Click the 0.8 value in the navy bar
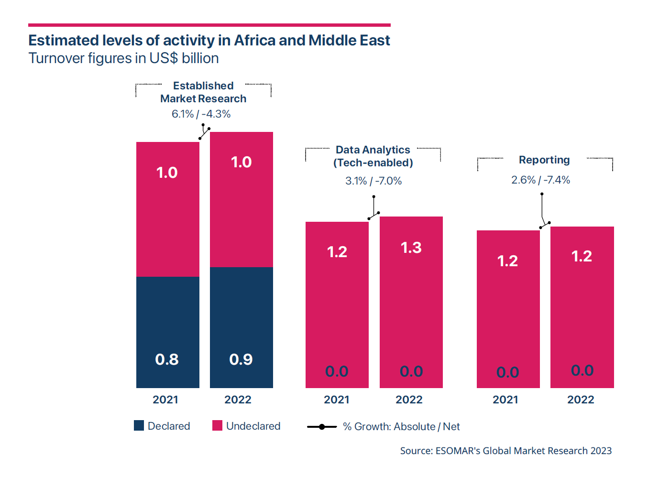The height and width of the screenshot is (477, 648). pos(167,359)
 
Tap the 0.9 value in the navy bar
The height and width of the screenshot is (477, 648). pos(241,359)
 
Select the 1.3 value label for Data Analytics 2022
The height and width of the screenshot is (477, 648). pos(411,248)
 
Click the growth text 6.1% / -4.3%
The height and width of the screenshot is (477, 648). pos(201,114)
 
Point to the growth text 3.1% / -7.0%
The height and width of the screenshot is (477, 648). pos(373,181)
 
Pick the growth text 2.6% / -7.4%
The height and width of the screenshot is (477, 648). pos(540,180)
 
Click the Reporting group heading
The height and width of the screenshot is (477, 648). pos(544,160)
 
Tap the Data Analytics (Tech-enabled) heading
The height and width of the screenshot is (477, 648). pos(373,156)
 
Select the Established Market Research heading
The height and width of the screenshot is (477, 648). pos(203,92)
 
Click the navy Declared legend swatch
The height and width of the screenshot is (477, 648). pos(139,425)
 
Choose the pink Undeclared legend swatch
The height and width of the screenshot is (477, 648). pos(217,425)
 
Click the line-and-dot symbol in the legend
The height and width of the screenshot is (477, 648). pos(321,426)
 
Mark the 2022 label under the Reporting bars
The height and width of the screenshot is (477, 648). pos(581,400)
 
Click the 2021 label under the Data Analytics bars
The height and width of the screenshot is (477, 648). pos(337,400)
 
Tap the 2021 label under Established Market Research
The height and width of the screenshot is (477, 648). pos(165,400)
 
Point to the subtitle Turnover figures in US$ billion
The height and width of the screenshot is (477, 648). pos(123,58)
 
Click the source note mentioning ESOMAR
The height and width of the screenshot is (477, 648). pos(505,451)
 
